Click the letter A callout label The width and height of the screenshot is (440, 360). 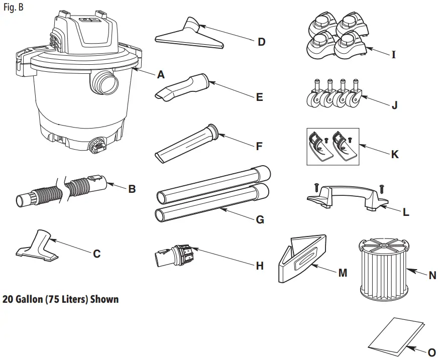[160, 75]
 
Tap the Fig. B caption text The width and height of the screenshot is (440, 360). [13, 8]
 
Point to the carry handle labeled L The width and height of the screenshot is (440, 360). [346, 195]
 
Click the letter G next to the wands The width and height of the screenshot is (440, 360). [260, 220]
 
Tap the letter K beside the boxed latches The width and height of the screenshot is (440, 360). [395, 155]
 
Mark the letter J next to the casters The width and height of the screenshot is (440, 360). [394, 105]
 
